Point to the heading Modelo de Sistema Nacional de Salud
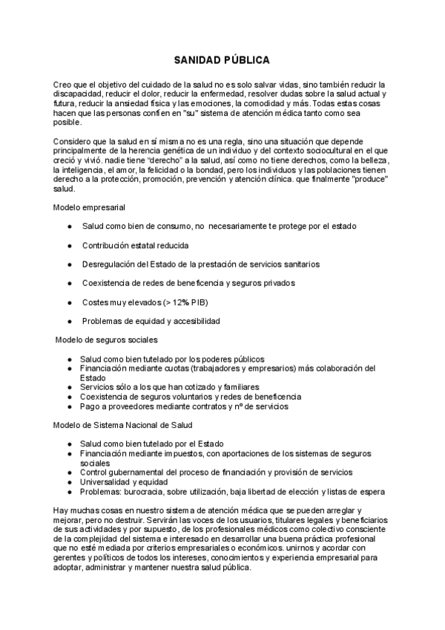pos(123,424)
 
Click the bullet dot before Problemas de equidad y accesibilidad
pos(69,322)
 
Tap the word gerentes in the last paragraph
pos(71,558)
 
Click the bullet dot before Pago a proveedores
pos(69,406)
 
